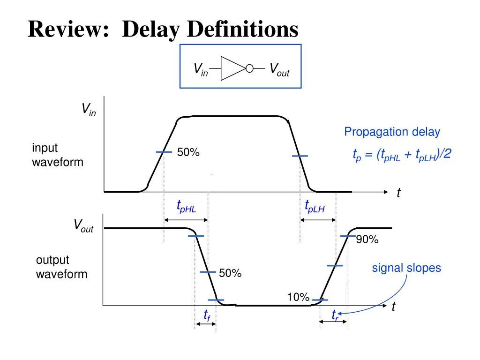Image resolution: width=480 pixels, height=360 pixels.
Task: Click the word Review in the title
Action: pyautogui.click(x=65, y=30)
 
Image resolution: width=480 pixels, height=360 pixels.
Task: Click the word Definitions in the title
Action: pyautogui.click(x=243, y=30)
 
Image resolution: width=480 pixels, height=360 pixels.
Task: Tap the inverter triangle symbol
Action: pyautogui.click(x=232, y=68)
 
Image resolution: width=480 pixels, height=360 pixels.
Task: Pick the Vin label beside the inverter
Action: pyautogui.click(x=201, y=69)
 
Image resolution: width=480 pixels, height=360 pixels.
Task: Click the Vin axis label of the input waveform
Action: pyautogui.click(x=88, y=110)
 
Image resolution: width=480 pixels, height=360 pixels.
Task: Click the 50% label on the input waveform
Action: pyautogui.click(x=188, y=152)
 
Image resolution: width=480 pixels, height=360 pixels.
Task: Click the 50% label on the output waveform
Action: pyautogui.click(x=230, y=273)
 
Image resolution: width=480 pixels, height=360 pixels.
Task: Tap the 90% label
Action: pyautogui.click(x=367, y=240)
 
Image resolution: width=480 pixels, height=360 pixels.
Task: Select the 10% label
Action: pyautogui.click(x=298, y=297)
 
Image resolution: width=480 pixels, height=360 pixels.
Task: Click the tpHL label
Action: pyautogui.click(x=186, y=206)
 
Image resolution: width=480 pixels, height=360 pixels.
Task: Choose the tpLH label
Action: pyautogui.click(x=315, y=206)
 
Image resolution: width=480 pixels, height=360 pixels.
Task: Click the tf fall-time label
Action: pyautogui.click(x=206, y=315)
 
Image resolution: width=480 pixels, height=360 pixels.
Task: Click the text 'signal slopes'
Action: pyautogui.click(x=406, y=268)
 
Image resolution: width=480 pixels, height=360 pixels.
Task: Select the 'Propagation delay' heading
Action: pyautogui.click(x=392, y=132)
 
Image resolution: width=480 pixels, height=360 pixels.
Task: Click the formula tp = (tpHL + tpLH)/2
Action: pyautogui.click(x=402, y=155)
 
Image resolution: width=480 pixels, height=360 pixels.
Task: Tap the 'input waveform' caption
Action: pyautogui.click(x=57, y=155)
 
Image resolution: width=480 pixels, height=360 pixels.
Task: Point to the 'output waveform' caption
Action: pyautogui.click(x=61, y=267)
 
